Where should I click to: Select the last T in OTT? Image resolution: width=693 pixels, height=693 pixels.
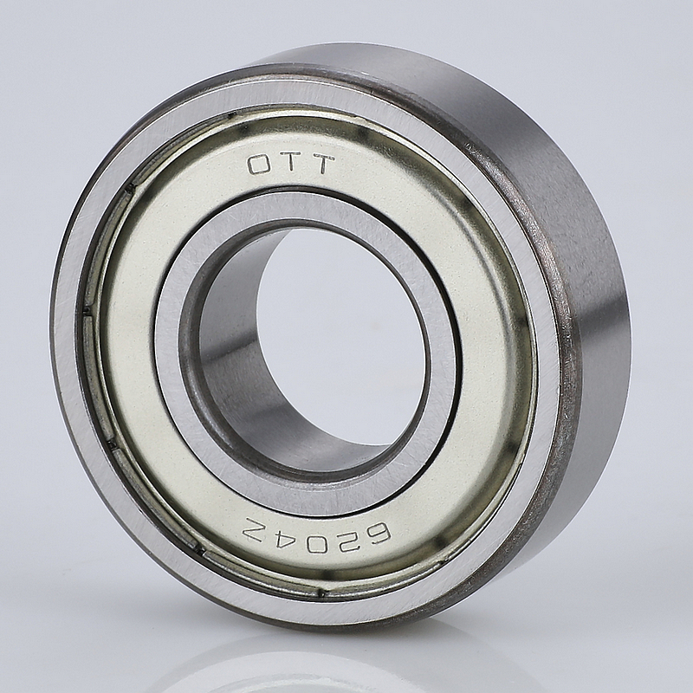(x=321, y=164)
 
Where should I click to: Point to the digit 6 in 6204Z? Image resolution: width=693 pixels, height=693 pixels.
(x=375, y=531)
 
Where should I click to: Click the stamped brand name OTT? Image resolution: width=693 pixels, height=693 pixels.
(x=290, y=165)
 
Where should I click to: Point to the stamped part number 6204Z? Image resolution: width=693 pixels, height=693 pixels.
(x=318, y=529)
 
